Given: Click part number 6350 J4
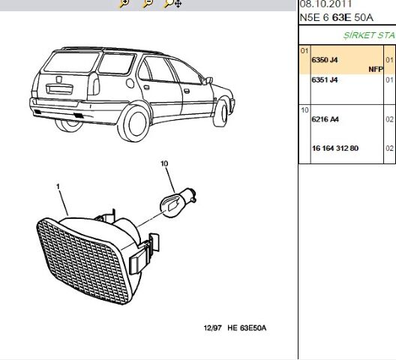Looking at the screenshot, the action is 325,60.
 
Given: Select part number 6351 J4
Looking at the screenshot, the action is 325,79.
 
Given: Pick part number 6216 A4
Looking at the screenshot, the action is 325,119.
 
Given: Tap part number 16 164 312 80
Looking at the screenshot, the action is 335,148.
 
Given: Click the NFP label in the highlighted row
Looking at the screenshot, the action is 376,69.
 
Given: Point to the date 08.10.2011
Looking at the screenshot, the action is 325,4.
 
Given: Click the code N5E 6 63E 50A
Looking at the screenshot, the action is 336,17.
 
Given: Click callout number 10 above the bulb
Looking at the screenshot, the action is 164,163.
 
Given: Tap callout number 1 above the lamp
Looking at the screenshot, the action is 58,187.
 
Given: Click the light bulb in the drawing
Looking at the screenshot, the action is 178,202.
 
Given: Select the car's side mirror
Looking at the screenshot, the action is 208,80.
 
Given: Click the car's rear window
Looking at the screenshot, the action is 71,62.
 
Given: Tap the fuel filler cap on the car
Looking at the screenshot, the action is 130,83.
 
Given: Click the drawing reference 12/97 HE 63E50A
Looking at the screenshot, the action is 235,328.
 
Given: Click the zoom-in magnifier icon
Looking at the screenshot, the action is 124,3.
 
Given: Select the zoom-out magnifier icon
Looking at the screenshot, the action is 148,3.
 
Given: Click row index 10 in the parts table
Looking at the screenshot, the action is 304,110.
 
